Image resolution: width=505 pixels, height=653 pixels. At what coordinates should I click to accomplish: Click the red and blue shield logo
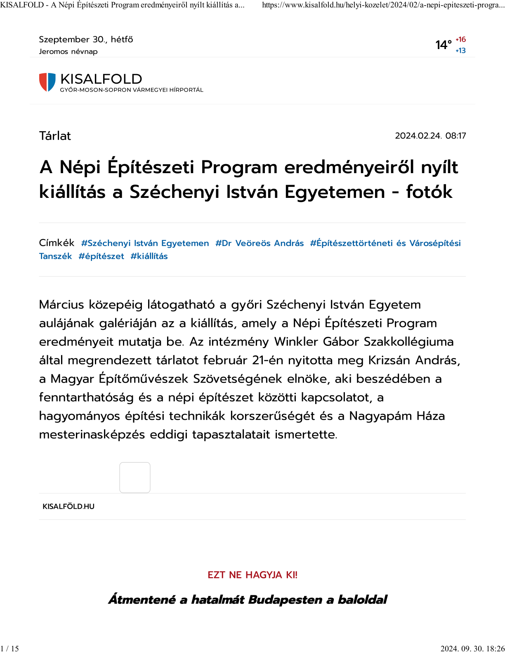click(47, 82)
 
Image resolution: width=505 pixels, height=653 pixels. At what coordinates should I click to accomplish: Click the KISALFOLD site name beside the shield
click(101, 79)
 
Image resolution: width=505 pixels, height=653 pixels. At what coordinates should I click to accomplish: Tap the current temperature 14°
click(444, 45)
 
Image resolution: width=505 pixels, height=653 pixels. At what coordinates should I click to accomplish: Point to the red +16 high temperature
click(460, 40)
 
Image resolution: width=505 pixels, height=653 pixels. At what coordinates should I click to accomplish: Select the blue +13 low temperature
click(460, 50)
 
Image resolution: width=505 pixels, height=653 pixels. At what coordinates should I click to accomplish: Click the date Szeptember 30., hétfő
click(86, 40)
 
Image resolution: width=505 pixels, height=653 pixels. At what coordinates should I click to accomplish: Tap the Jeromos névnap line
click(68, 52)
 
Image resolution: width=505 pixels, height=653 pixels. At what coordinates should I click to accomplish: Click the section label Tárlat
click(55, 136)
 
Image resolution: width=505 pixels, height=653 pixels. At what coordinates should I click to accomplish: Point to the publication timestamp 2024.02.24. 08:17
click(430, 136)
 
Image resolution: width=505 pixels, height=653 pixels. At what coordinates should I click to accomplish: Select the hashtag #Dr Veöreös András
click(259, 243)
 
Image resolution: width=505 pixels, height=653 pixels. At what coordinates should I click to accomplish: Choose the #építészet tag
click(101, 256)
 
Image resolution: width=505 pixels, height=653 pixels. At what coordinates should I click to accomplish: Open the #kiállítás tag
click(149, 256)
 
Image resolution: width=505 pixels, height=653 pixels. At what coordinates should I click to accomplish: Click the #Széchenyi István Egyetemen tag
click(145, 243)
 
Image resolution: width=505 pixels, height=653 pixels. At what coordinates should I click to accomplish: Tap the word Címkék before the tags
click(57, 243)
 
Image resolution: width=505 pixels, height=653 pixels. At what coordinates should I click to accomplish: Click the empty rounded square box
click(135, 477)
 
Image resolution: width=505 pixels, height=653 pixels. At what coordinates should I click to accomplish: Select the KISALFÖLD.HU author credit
click(68, 506)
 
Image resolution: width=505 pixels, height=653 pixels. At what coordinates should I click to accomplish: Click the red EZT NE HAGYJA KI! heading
click(252, 575)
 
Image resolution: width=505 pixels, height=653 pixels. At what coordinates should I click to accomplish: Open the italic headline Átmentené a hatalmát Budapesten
click(248, 599)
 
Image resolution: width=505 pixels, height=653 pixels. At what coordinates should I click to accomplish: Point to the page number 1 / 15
click(10, 648)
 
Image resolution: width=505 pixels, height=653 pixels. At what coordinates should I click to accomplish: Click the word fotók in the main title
click(429, 192)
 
